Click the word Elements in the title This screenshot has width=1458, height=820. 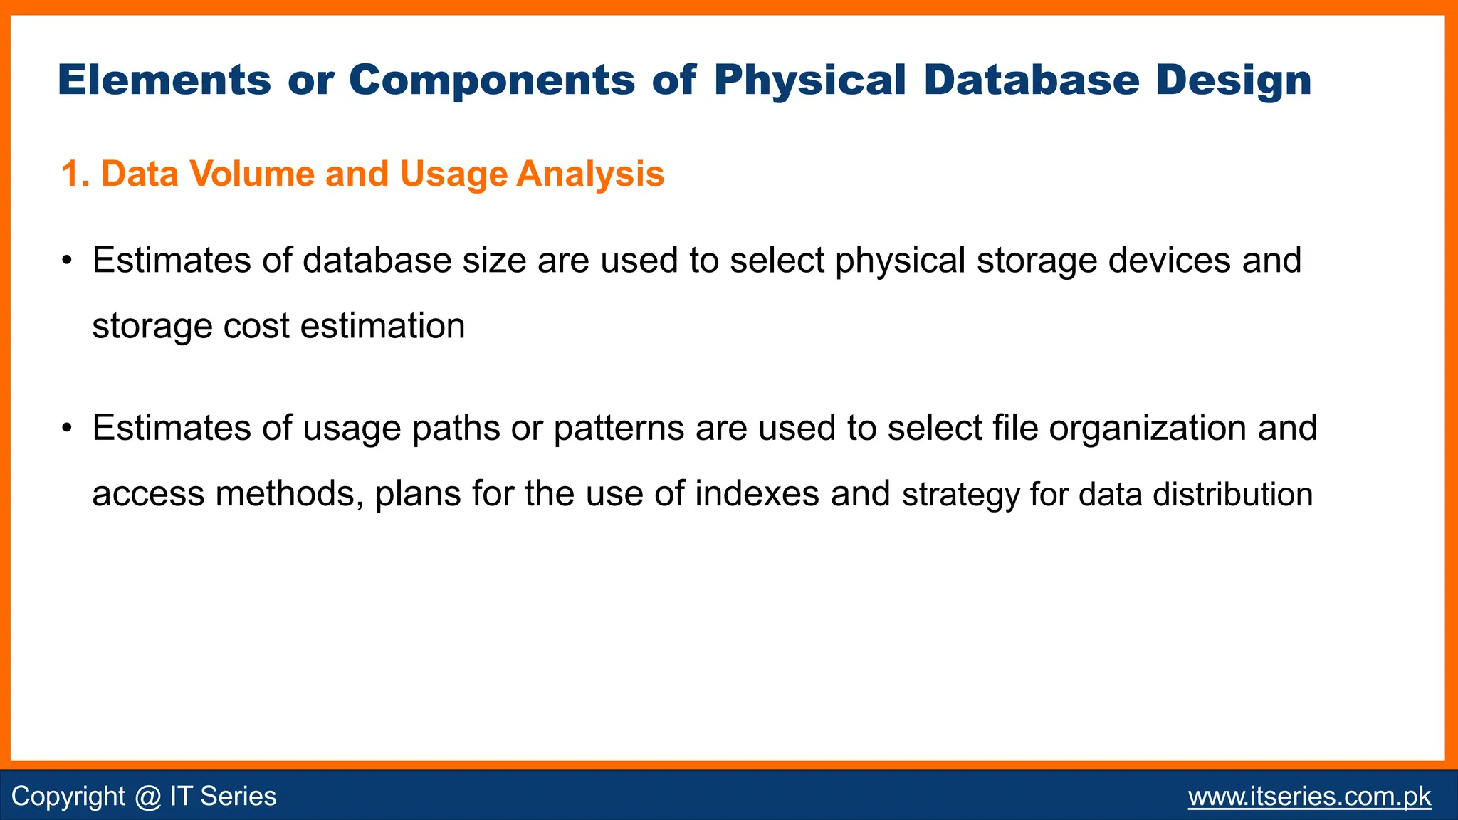[x=164, y=80]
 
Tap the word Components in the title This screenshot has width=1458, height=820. [x=491, y=80]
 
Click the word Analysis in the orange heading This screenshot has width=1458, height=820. [x=590, y=174]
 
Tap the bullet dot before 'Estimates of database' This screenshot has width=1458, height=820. [x=67, y=261]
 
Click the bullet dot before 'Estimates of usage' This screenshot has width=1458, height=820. [x=67, y=429]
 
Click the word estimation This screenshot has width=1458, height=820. [x=382, y=327]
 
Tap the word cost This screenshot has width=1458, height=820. [x=256, y=327]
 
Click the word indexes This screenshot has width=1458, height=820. [x=756, y=494]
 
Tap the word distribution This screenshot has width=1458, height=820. [x=1232, y=494]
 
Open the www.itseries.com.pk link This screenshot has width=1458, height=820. [x=1309, y=797]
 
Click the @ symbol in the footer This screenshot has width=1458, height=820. [x=147, y=797]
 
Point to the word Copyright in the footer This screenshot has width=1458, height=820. [x=68, y=797]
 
